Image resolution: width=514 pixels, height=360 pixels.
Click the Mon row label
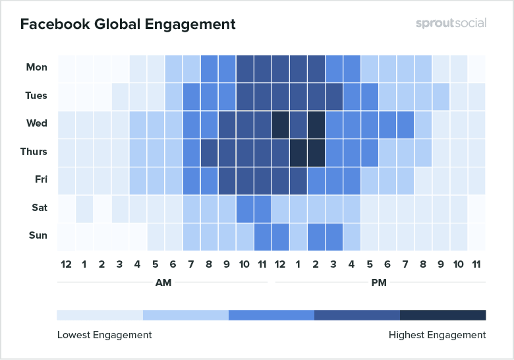pyautogui.click(x=36, y=67)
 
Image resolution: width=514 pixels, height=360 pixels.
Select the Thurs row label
pyautogui.click(x=34, y=152)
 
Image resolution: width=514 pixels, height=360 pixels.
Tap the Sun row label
pyautogui.click(x=38, y=235)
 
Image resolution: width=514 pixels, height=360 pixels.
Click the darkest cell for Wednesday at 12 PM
pyautogui.click(x=280, y=124)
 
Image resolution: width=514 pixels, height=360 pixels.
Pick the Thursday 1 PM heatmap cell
pyautogui.click(x=298, y=152)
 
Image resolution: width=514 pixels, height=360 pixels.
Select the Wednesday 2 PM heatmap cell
pyautogui.click(x=316, y=124)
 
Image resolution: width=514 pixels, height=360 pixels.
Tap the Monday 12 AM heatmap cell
pyautogui.click(x=66, y=68)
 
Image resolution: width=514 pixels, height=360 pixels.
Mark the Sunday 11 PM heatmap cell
pyautogui.click(x=476, y=235)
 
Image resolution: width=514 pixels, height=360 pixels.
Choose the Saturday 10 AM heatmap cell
pyautogui.click(x=244, y=208)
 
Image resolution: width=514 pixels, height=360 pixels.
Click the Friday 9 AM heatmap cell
pyautogui.click(x=227, y=180)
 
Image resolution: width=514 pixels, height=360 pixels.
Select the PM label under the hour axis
pyautogui.click(x=380, y=282)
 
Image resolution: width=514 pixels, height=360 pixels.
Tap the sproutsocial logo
pyautogui.click(x=451, y=23)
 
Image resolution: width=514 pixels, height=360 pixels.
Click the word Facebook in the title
pyautogui.click(x=50, y=24)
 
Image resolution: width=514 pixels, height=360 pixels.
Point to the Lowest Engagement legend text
pyautogui.click(x=104, y=335)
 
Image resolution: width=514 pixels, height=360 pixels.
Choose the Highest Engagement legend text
pyautogui.click(x=437, y=335)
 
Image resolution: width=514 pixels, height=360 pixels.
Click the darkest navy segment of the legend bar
pyautogui.click(x=443, y=315)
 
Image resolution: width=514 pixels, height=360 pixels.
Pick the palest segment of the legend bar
pyautogui.click(x=100, y=315)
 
